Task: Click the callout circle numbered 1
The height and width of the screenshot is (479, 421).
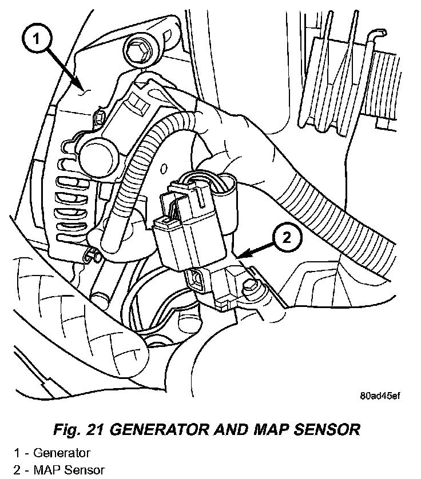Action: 35,39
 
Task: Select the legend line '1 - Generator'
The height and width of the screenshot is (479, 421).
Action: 53,453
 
